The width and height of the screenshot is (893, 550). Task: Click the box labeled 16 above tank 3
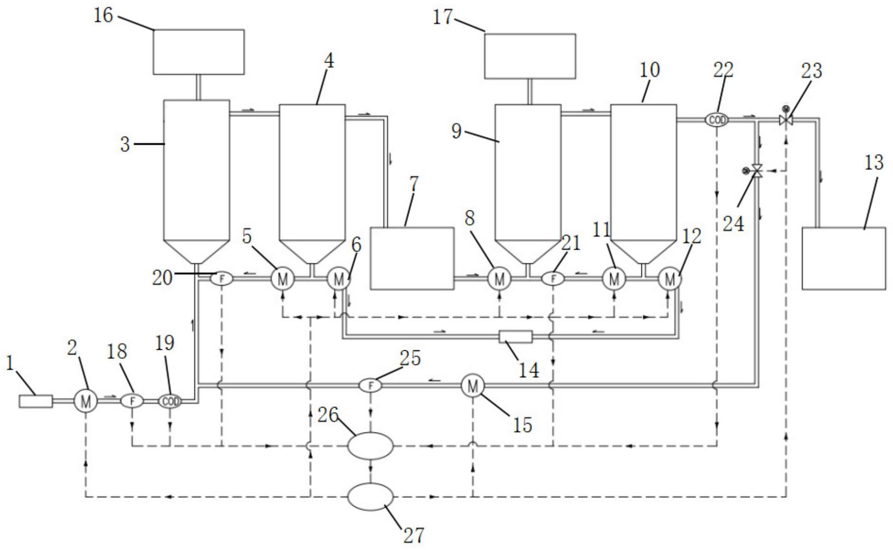[x=198, y=52]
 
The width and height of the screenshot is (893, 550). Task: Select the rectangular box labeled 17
[x=529, y=56]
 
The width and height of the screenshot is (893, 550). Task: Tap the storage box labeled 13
[x=843, y=258]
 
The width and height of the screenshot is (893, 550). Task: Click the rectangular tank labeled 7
[x=411, y=258]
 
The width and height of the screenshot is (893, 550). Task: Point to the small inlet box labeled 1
[x=36, y=401]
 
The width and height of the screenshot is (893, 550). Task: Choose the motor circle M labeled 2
[x=86, y=401]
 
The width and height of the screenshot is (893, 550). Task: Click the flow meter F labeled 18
[x=131, y=401]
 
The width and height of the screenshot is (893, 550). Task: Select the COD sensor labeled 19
[x=170, y=401]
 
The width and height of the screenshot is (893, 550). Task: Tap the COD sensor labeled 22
[x=717, y=120]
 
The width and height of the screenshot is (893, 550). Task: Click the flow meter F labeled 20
[x=222, y=278]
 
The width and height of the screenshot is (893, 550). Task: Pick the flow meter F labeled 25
[x=370, y=385]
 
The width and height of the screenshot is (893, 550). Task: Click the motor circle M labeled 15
[x=472, y=385]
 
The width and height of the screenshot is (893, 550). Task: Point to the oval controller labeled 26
[x=370, y=446]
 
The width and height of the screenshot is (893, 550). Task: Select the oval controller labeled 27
[x=370, y=497]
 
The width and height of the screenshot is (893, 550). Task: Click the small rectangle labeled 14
[x=515, y=337]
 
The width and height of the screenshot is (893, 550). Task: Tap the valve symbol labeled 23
[x=786, y=120]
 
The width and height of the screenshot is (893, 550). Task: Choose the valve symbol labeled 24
[x=757, y=170]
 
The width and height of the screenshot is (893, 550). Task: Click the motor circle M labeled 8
[x=499, y=278]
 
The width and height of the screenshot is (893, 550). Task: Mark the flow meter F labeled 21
[x=553, y=278]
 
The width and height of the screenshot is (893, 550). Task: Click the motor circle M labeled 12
[x=669, y=278]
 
